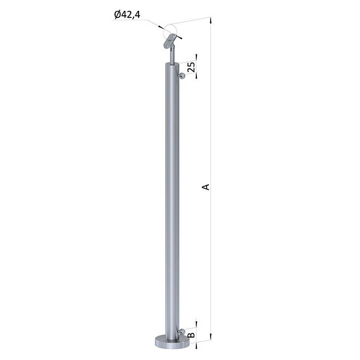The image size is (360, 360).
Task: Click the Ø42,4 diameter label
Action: pyautogui.click(x=127, y=15)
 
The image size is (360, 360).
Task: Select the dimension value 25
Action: pyautogui.click(x=191, y=67)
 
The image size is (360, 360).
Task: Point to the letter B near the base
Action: pyautogui.click(x=191, y=335)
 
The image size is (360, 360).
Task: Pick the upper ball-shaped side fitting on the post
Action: pyautogui.click(x=182, y=75)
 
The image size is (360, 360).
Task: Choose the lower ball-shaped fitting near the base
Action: pyautogui.click(x=182, y=332)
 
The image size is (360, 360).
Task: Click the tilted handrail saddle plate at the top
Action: pyautogui.click(x=170, y=41)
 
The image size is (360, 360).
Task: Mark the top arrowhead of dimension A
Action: pyautogui.click(x=211, y=20)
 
